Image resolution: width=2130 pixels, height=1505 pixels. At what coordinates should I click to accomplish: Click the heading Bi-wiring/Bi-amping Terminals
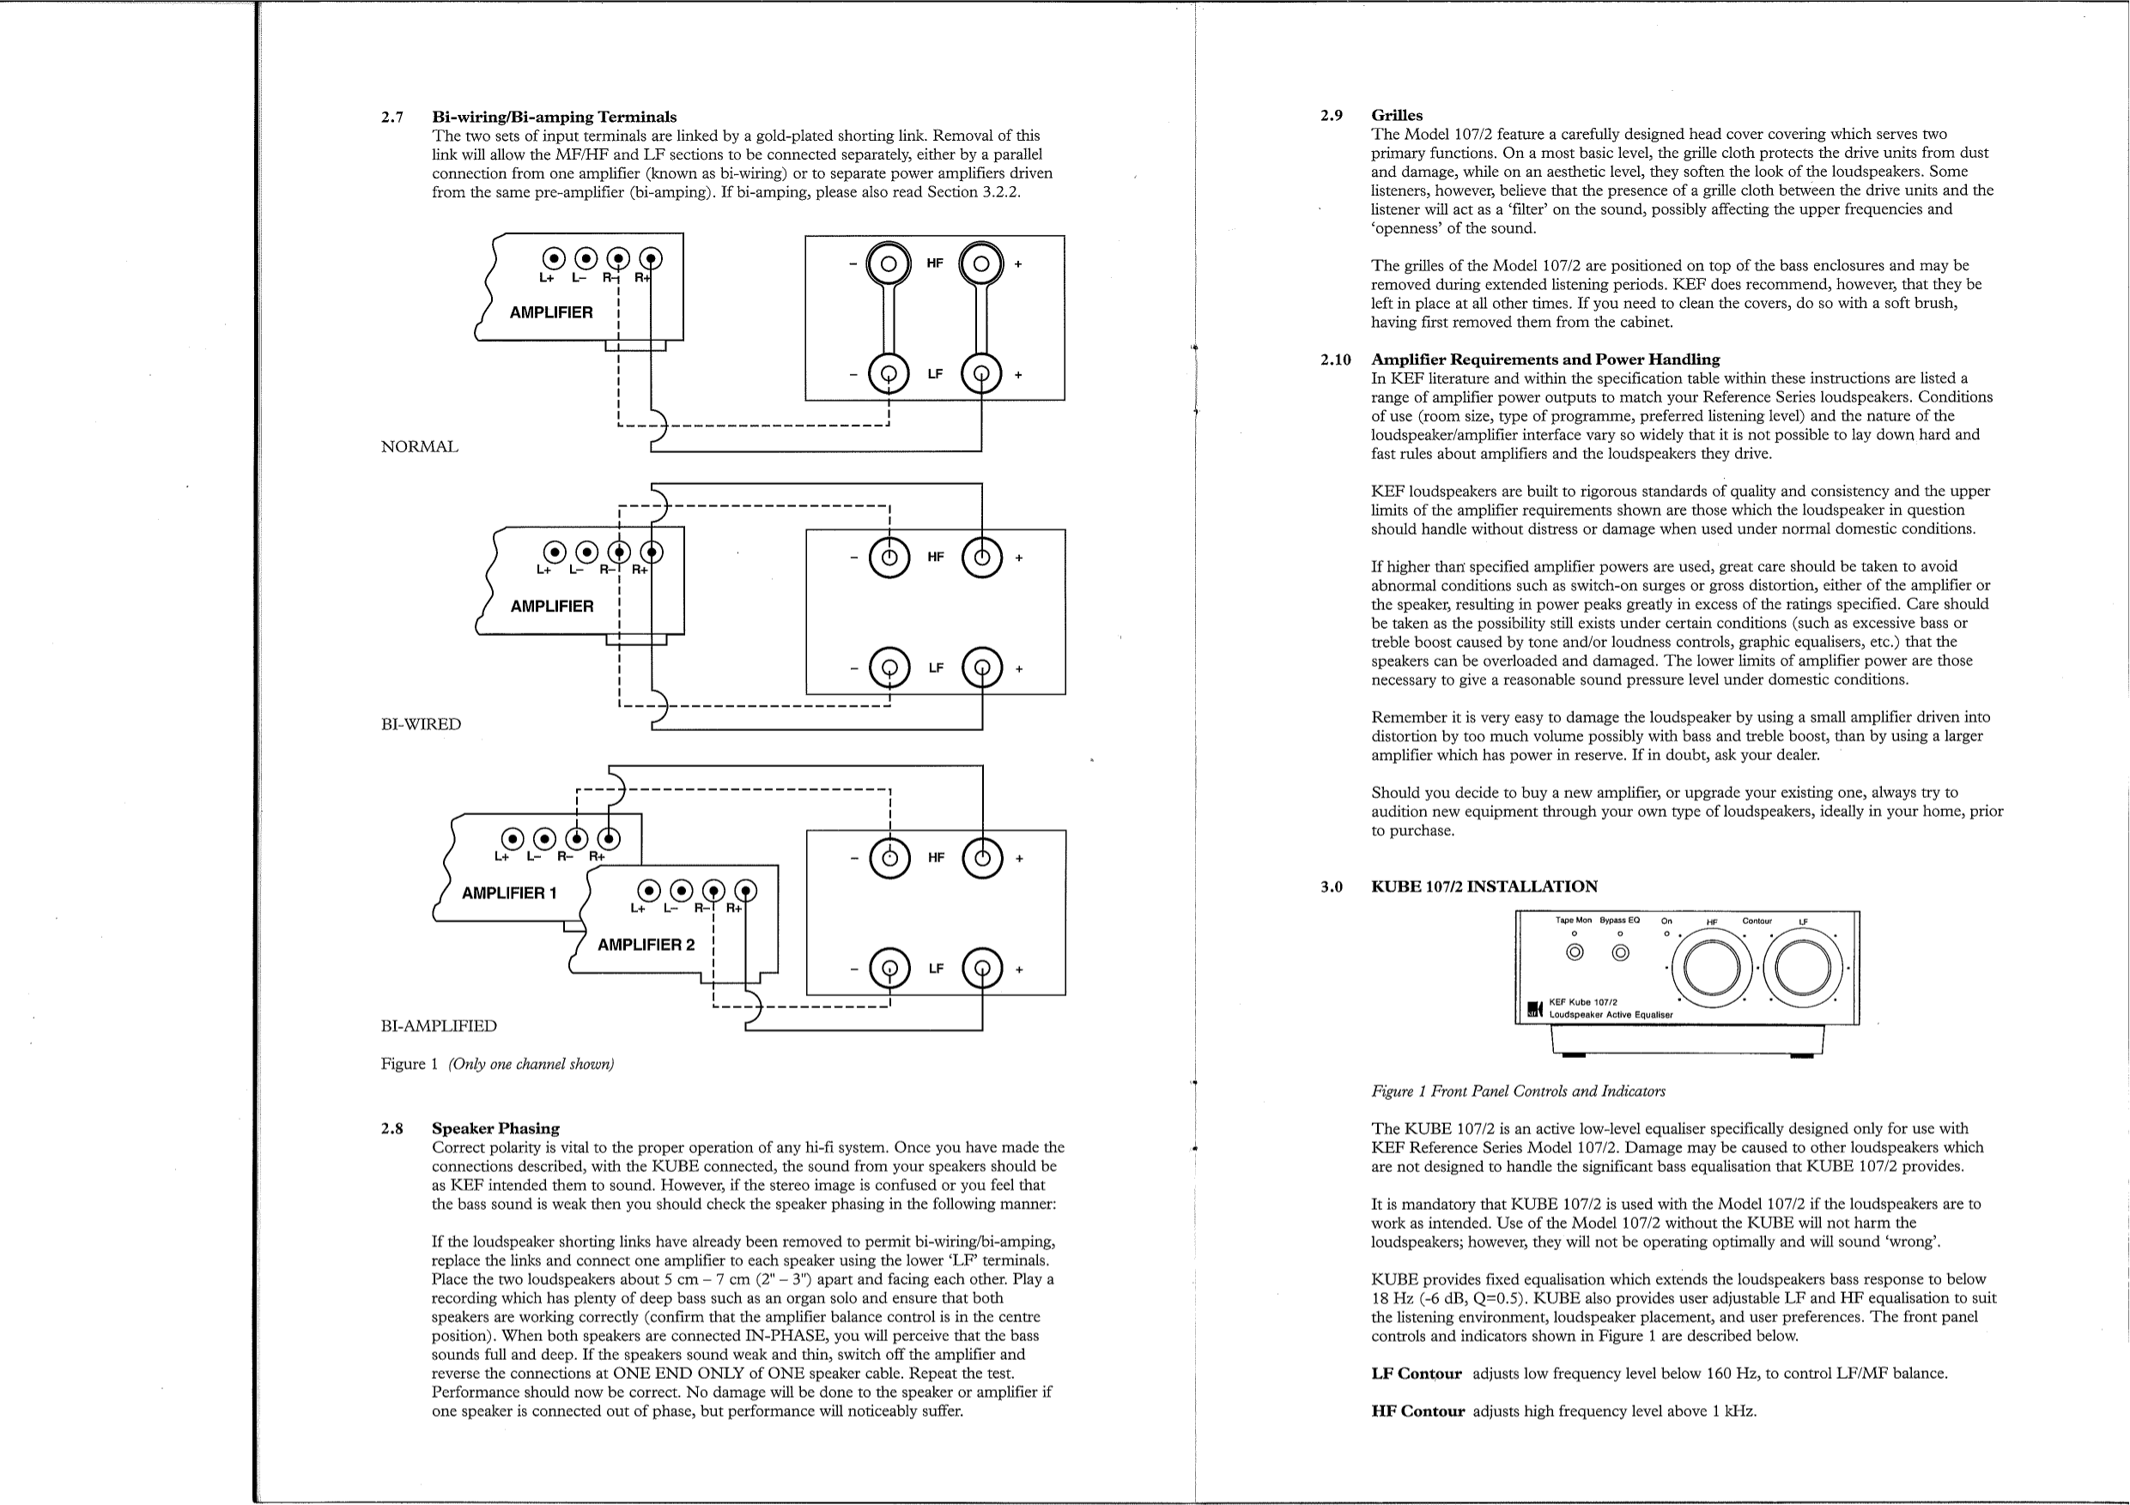(554, 117)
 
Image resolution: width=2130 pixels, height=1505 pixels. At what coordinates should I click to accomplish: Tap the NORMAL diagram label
(419, 447)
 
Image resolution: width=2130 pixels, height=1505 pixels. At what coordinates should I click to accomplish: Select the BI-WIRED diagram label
(421, 724)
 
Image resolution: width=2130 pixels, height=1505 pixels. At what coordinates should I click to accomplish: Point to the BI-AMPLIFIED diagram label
(438, 1025)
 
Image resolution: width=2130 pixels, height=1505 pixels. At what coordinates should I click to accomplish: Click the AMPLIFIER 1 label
(509, 893)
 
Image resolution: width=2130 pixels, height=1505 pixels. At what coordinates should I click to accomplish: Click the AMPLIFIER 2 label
(646, 945)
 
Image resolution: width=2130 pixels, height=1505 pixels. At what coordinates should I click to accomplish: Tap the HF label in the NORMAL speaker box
(934, 263)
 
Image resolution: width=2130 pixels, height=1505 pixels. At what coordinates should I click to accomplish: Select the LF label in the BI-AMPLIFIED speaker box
(935, 968)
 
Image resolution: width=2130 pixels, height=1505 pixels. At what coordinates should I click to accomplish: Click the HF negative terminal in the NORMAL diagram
(888, 264)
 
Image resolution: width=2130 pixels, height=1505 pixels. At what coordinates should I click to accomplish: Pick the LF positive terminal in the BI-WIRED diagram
(982, 668)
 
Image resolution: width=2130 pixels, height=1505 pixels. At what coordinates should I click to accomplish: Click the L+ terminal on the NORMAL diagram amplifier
(554, 259)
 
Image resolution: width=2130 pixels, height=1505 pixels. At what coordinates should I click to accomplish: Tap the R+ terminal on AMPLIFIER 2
(745, 892)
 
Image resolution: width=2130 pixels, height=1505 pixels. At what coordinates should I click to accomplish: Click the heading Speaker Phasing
(495, 1128)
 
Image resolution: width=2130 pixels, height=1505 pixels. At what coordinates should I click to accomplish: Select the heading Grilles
(1396, 115)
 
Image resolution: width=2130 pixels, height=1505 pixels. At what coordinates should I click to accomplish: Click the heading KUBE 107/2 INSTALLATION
(1484, 886)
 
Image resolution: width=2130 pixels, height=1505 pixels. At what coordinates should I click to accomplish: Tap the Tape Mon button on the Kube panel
(1575, 952)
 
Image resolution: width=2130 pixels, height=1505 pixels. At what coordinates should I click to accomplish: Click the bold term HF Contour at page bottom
(1417, 1411)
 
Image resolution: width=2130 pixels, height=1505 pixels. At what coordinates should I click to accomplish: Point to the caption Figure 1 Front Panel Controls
(1518, 1091)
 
